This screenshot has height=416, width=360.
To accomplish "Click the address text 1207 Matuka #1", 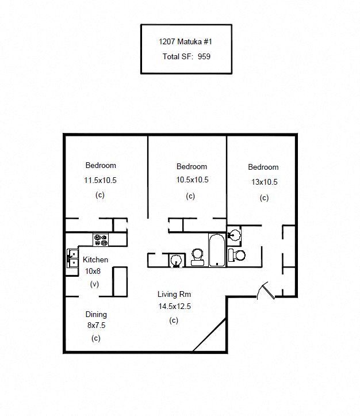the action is pos(185,41).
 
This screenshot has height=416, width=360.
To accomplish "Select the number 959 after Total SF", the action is pos(204,56).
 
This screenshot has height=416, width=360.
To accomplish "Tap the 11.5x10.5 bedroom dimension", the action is pos(100,181).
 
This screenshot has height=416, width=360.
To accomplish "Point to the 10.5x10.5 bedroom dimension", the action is pos(192,180).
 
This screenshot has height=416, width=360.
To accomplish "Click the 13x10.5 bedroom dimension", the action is pos(265,182).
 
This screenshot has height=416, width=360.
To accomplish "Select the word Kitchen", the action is pos(95,259).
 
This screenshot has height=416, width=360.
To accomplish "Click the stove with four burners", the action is pos(101,240).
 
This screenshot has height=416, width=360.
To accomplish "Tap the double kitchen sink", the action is pos(72,258).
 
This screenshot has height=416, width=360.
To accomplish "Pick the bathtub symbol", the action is pos(217,250).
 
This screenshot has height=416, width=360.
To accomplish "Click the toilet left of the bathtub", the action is pos(197,257).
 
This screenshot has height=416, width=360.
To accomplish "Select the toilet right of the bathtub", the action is pos(237,255).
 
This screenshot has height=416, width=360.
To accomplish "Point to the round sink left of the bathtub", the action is pos(176,260).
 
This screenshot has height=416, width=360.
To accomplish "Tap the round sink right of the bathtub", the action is pos(234,234).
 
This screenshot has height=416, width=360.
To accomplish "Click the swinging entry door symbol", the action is pos(266,291).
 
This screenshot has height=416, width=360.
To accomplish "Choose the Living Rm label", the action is pos(174,294).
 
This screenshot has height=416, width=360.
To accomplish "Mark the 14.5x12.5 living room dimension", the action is pos(175,307).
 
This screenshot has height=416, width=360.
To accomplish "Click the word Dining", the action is pos(96,315).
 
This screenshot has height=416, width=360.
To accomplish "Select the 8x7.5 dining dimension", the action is pos(96,325).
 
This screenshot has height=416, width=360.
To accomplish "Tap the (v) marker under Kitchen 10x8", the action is pos(94,284).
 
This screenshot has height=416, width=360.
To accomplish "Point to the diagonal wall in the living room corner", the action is pos(209,335).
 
